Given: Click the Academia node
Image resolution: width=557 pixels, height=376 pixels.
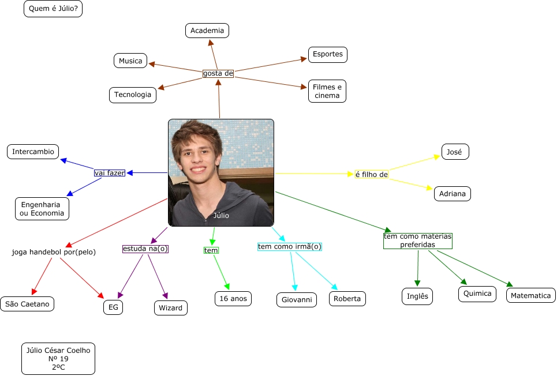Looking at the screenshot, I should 207,31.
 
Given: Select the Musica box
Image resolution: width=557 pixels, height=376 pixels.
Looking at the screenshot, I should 130,61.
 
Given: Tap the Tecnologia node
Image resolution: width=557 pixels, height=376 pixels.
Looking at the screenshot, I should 133,95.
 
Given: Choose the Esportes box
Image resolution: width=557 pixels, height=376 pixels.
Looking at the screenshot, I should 327,54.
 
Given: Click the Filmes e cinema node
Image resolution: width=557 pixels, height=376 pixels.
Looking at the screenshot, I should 327,91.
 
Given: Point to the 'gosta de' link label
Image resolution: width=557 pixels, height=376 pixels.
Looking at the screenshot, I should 218,73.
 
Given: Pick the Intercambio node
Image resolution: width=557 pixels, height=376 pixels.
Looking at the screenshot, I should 33,152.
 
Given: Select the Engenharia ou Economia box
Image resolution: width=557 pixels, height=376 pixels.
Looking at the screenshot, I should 42,208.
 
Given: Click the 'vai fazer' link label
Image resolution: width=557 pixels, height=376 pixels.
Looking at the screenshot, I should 110,172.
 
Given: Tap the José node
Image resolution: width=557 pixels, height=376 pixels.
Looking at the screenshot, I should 455,152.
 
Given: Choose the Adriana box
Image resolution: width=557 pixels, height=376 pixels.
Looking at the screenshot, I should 452,194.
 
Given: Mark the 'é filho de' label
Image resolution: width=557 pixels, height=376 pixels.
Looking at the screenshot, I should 371,174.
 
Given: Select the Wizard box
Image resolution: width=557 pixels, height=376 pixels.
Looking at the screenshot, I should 170,308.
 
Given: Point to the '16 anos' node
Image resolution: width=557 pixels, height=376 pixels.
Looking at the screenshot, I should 233,298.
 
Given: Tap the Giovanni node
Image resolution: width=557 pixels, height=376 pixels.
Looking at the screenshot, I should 297,300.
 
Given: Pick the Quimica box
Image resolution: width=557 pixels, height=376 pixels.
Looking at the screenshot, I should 477,294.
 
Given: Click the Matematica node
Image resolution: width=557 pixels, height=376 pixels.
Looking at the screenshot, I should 531,296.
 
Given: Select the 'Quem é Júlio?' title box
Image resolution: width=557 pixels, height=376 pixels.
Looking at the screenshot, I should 53,9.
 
